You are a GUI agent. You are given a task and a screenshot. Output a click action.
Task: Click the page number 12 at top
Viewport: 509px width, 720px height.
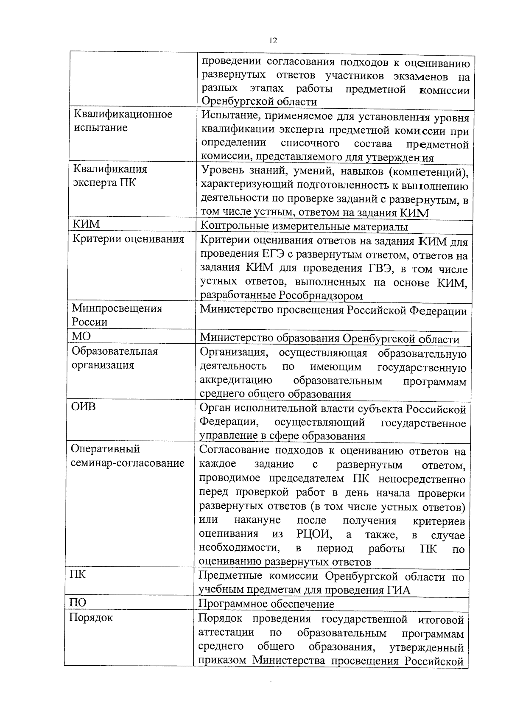(273, 41)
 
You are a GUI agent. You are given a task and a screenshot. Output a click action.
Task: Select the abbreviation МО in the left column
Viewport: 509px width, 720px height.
(81, 336)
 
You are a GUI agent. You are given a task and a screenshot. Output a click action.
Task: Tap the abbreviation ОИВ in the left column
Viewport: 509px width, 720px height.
(83, 407)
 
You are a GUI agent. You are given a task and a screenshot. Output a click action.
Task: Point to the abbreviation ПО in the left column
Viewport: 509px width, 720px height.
(78, 602)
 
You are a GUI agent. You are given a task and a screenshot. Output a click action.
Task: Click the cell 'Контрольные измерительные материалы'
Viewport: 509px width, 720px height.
(304, 227)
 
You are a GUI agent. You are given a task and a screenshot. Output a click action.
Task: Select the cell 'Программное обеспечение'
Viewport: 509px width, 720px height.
(266, 604)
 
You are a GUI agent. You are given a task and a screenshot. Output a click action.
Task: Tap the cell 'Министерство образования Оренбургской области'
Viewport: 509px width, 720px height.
(330, 339)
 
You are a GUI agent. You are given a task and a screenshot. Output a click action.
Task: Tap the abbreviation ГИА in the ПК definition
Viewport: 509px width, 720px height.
(398, 590)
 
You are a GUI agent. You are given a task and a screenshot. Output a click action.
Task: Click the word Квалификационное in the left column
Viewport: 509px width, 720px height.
(123, 115)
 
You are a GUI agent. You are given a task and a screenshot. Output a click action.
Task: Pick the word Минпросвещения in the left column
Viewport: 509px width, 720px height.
(117, 308)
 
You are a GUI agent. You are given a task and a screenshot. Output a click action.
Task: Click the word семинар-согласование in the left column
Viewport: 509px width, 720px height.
(127, 462)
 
